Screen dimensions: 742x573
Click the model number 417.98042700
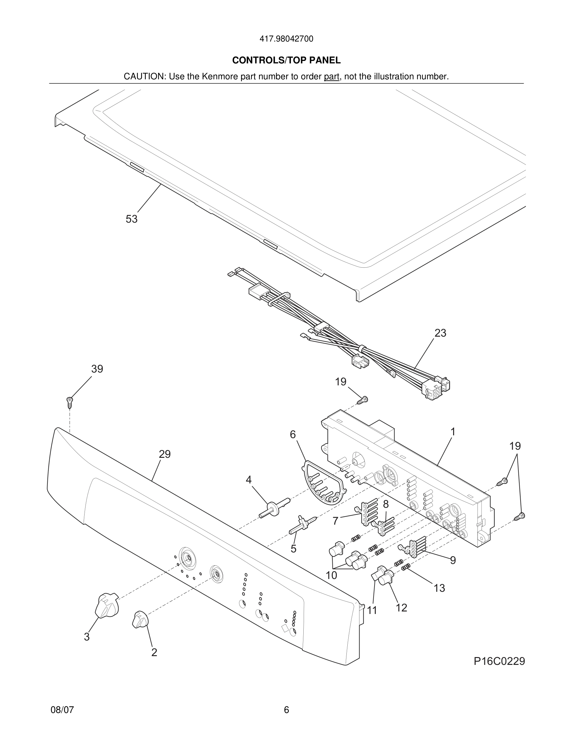pyautogui.click(x=286, y=39)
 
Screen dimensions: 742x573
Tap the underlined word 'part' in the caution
pyautogui.click(x=332, y=77)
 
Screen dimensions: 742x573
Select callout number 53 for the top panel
pyautogui.click(x=132, y=219)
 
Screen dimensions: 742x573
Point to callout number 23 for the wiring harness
pyautogui.click(x=440, y=333)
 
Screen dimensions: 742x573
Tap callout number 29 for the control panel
pyautogui.click(x=165, y=454)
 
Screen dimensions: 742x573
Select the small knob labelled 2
pyautogui.click(x=140, y=619)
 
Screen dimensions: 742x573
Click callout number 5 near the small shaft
pyautogui.click(x=294, y=548)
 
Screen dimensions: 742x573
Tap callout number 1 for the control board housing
pyautogui.click(x=453, y=432)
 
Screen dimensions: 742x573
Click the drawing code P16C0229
pyautogui.click(x=499, y=661)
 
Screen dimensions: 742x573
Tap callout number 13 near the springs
pyautogui.click(x=439, y=588)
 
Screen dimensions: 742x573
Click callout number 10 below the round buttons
pyautogui.click(x=331, y=575)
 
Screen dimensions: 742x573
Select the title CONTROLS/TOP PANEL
pyautogui.click(x=286, y=61)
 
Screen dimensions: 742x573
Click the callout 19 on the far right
pyautogui.click(x=515, y=446)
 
